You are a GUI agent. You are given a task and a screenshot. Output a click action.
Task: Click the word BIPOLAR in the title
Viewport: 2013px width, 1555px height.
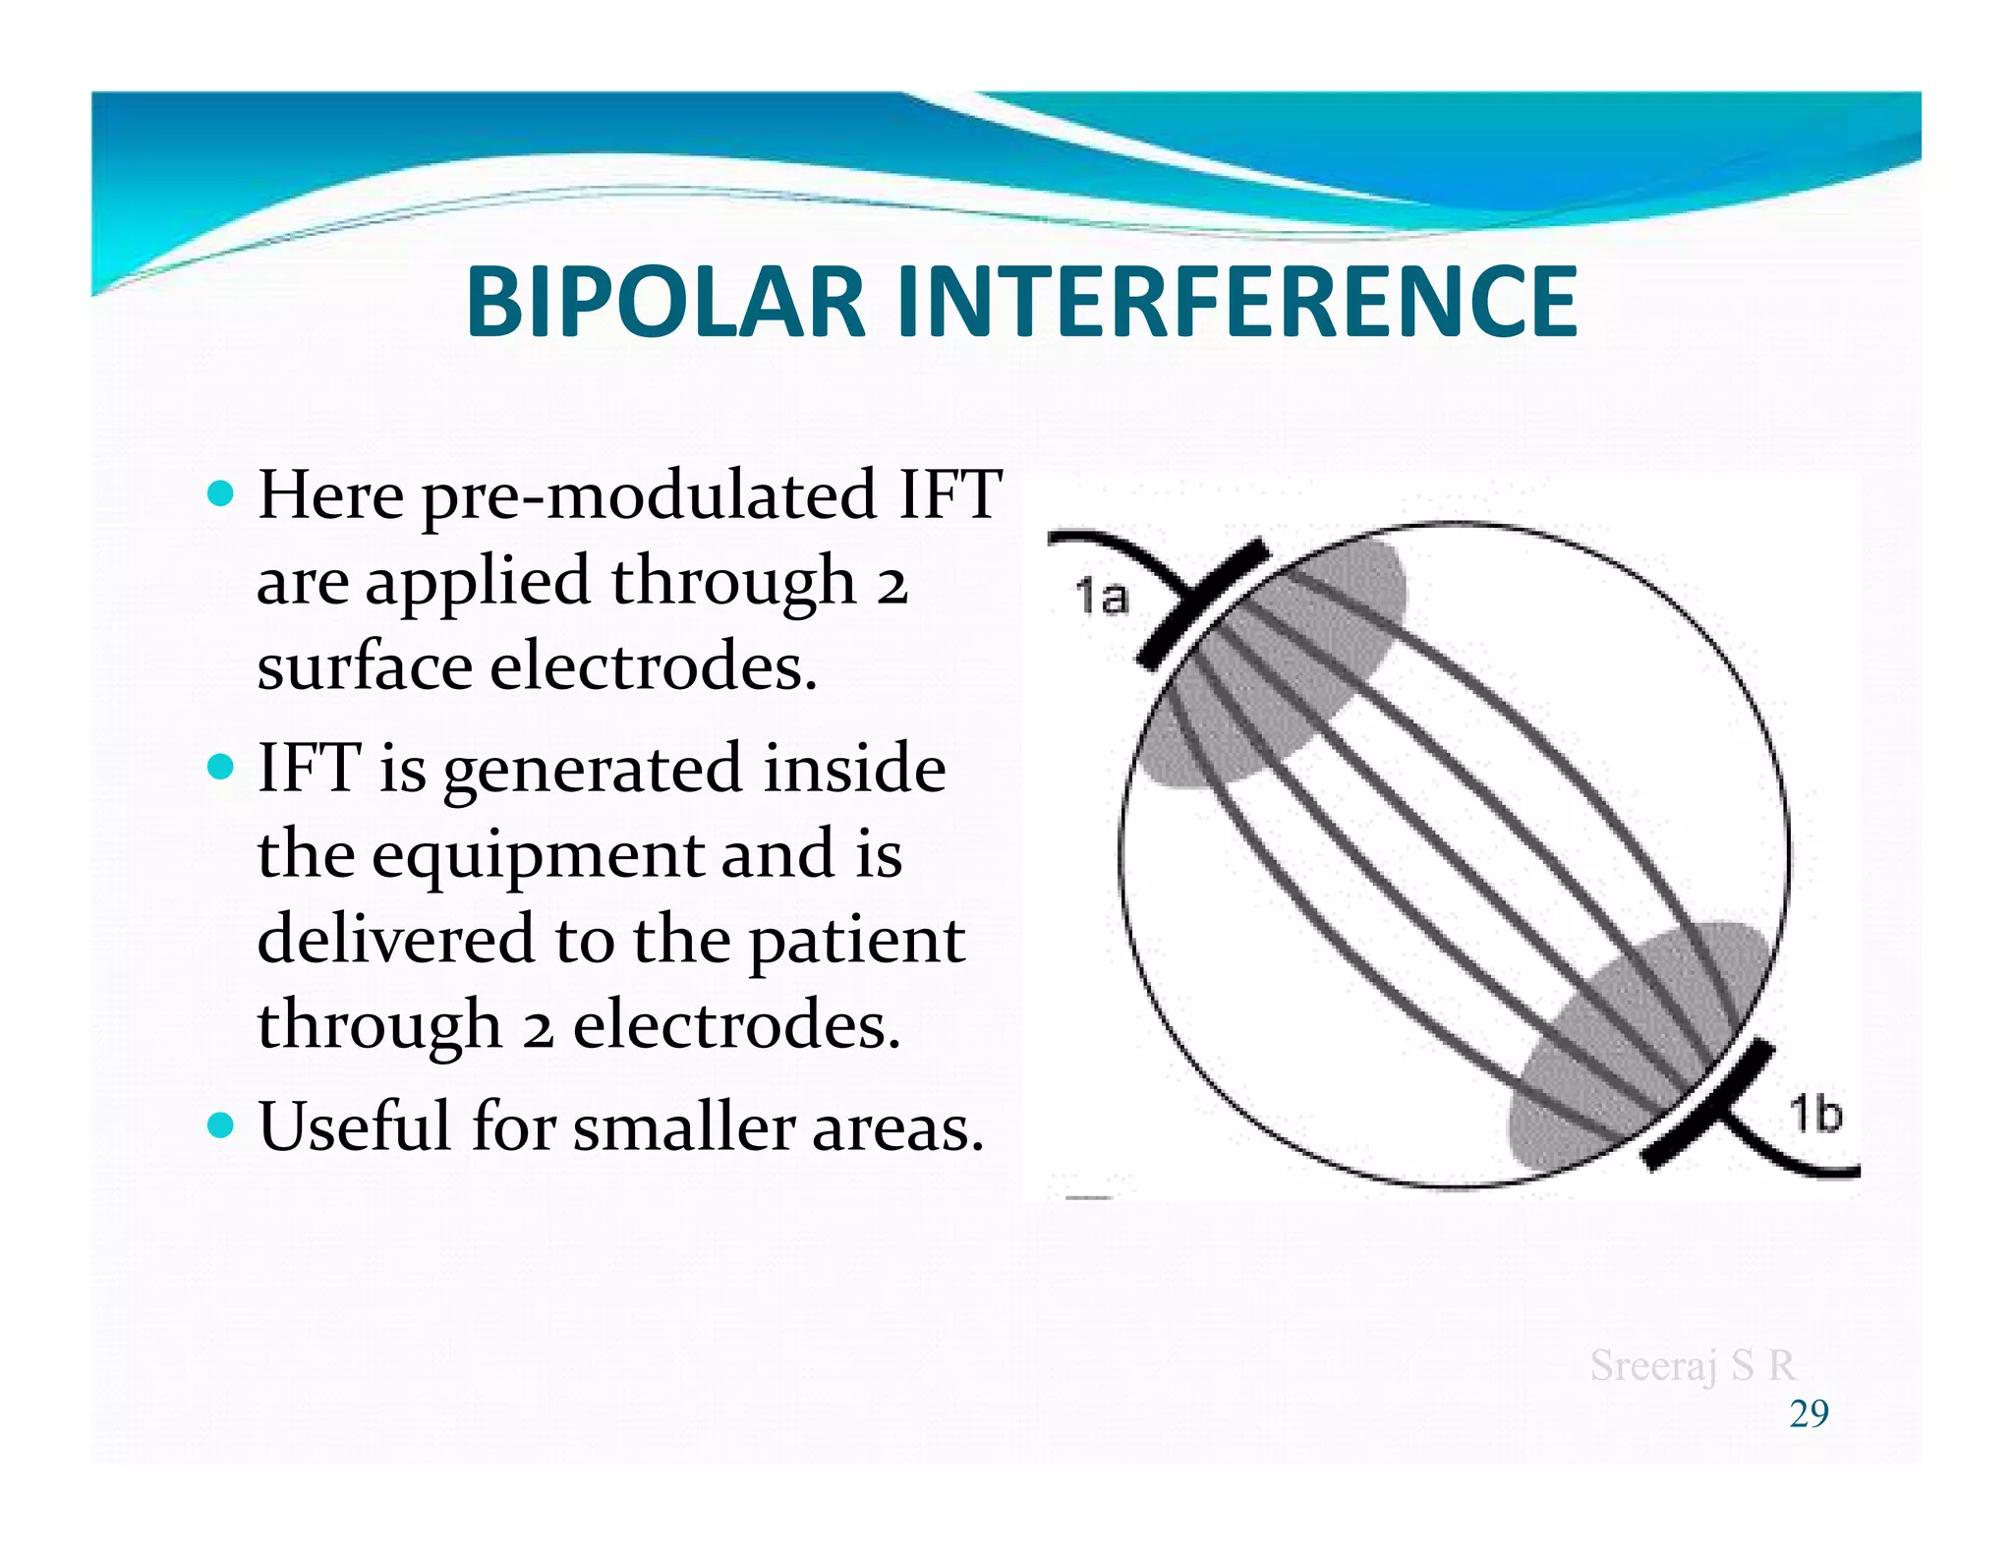point(664,303)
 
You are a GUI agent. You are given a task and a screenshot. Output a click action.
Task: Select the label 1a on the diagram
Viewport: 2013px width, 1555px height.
point(1101,597)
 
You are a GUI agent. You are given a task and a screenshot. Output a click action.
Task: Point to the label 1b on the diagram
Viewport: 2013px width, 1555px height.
point(1814,1115)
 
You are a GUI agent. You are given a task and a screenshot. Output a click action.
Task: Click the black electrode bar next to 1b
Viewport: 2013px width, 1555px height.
point(1708,1107)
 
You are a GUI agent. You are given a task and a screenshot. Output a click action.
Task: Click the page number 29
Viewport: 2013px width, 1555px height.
point(1809,1413)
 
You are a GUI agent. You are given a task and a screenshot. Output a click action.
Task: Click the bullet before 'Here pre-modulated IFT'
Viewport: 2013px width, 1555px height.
point(222,492)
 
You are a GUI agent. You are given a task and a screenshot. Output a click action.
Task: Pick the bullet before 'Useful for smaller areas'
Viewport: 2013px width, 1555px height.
point(222,1123)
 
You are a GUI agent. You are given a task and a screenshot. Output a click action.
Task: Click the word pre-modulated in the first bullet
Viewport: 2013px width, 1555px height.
point(649,496)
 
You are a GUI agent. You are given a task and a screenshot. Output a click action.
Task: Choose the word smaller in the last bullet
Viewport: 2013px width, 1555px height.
point(684,1126)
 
